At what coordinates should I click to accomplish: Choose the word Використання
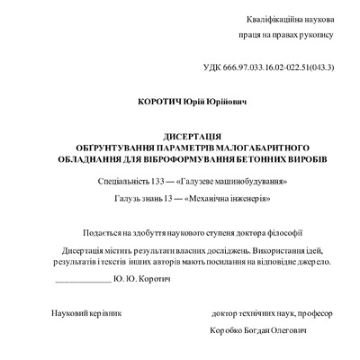pos(268,248)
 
